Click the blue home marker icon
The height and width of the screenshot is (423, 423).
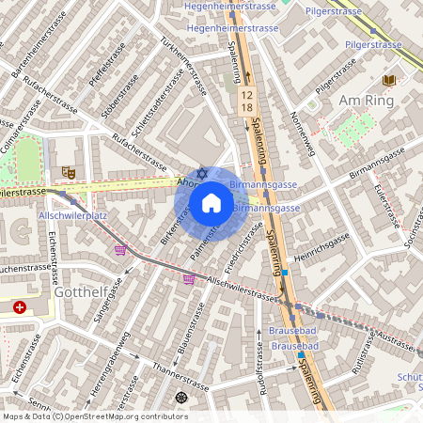click(x=211, y=203)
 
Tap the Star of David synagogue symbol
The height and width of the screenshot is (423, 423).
click(x=199, y=174)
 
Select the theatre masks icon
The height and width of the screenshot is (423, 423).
click(x=67, y=172)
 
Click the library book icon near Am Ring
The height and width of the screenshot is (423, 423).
click(x=389, y=82)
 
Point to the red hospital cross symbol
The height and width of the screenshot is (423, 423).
click(x=21, y=307)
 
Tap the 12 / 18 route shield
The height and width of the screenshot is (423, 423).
click(x=246, y=102)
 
